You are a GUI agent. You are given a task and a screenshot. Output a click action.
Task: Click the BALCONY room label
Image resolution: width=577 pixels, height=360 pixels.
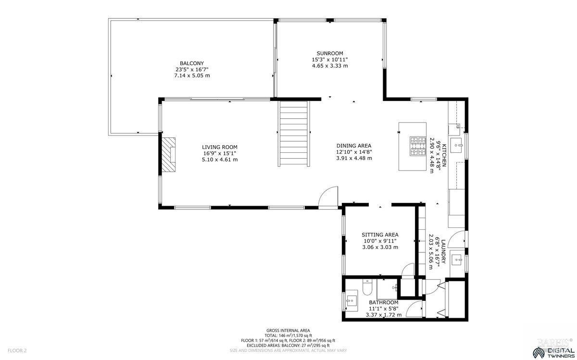click(x=192, y=63)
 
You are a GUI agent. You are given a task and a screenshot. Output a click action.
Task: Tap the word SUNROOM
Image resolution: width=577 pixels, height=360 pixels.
click(x=329, y=53)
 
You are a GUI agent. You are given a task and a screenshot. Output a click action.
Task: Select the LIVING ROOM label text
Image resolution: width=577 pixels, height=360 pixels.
click(x=219, y=147)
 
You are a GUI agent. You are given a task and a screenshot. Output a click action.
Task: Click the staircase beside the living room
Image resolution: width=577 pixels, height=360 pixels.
click(x=293, y=133)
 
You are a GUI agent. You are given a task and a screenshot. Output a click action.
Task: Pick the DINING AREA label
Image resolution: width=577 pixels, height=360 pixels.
click(x=353, y=146)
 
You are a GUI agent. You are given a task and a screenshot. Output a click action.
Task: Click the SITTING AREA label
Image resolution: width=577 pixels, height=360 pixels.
click(x=380, y=235)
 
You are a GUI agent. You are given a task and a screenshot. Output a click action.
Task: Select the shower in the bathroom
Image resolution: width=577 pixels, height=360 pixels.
click(x=387, y=288)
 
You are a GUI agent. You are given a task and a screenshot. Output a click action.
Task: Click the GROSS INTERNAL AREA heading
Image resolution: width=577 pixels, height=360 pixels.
click(x=288, y=330)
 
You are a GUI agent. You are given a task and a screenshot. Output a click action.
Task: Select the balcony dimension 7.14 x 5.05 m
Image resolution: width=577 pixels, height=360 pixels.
click(x=192, y=75)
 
